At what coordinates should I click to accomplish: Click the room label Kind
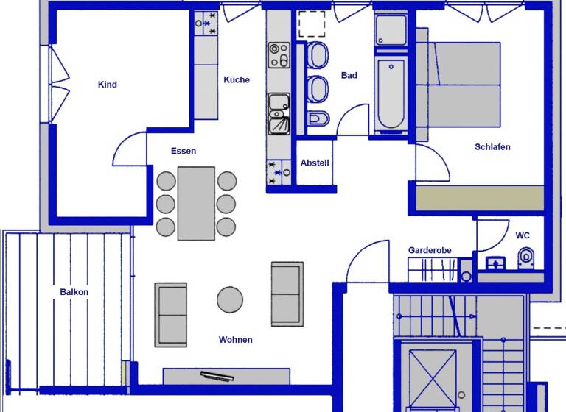[108, 85]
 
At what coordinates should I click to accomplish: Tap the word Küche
[237, 80]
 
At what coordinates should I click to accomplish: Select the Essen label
[184, 151]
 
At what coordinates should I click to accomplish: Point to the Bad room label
[349, 76]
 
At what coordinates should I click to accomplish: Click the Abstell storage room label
[315, 163]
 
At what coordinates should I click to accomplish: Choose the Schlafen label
[492, 147]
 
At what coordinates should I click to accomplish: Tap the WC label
[523, 236]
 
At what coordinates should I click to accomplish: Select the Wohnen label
[236, 340]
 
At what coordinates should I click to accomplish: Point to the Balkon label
[74, 292]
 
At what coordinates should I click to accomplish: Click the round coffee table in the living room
[230, 299]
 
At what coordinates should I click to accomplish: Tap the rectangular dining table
[196, 203]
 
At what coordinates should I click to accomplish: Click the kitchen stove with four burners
[279, 55]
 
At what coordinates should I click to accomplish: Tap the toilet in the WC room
[525, 258]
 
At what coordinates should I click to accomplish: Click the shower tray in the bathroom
[391, 30]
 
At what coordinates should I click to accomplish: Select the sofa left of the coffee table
[170, 314]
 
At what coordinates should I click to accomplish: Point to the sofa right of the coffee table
[287, 293]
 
